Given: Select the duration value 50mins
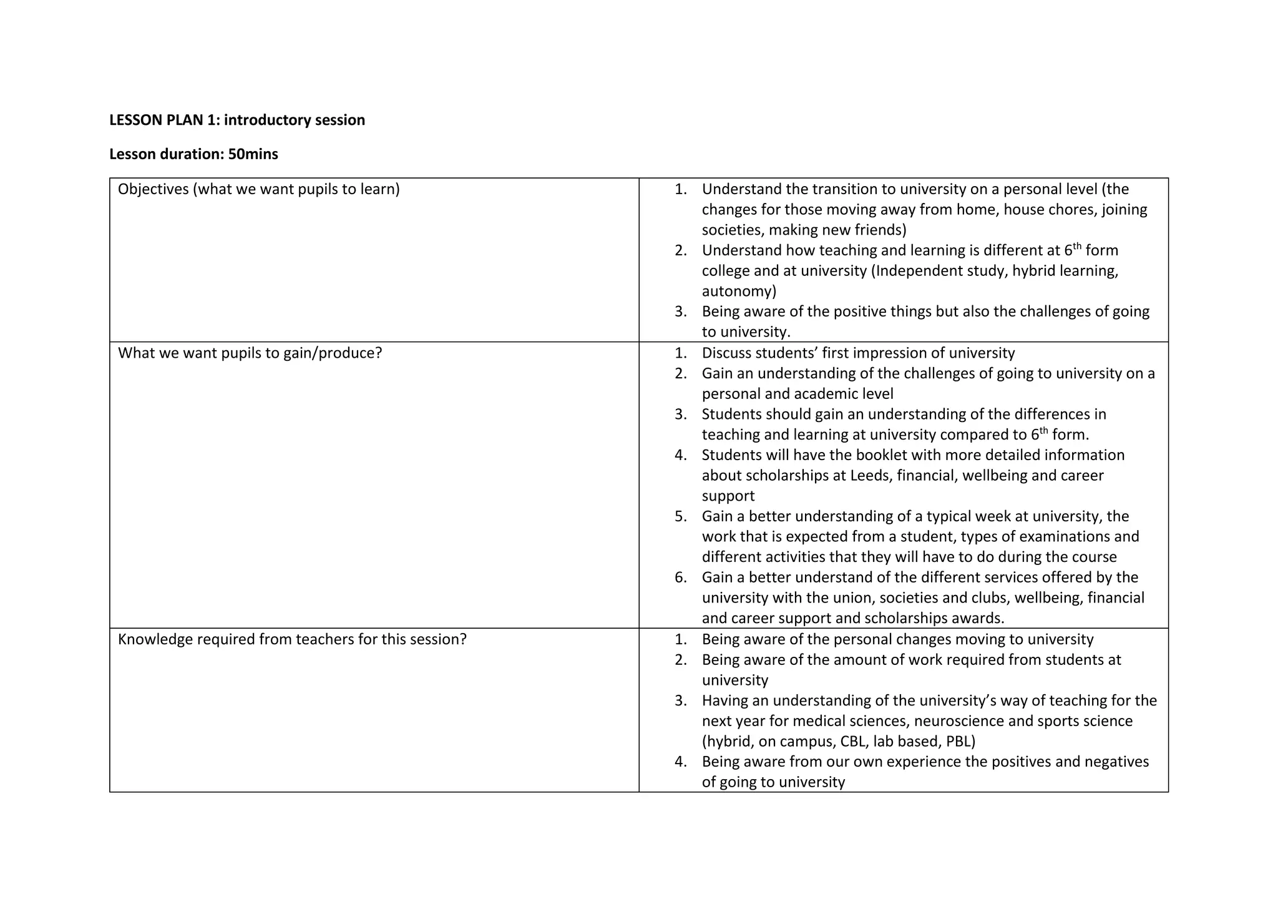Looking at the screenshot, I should click(253, 154).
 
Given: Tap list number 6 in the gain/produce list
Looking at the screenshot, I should click(680, 577).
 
